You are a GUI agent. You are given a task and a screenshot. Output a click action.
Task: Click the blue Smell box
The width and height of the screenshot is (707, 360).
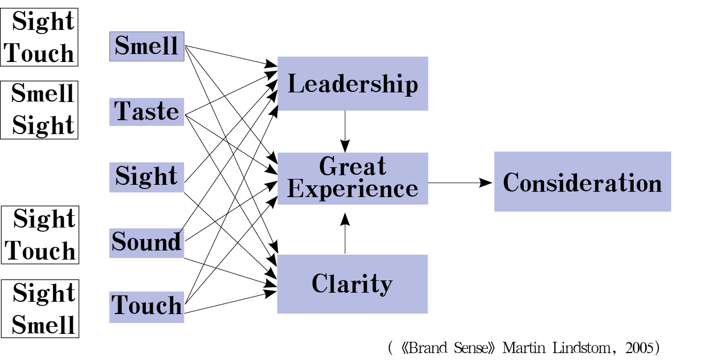(146, 46)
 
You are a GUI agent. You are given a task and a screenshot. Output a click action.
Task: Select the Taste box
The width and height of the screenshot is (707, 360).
(146, 112)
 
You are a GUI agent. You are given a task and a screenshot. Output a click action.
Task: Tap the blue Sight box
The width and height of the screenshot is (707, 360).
(146, 177)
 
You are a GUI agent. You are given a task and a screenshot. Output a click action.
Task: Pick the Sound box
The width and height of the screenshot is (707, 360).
(146, 242)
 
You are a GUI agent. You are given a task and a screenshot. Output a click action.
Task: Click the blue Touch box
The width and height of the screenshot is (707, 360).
(146, 307)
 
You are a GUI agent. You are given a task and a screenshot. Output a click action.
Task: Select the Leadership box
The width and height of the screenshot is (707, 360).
(352, 84)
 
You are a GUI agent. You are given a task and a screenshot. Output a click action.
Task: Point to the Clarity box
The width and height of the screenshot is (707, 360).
(352, 284)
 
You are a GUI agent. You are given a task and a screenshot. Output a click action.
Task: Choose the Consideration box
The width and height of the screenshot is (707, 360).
(582, 182)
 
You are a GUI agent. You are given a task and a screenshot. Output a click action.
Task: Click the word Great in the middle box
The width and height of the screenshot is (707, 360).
(352, 167)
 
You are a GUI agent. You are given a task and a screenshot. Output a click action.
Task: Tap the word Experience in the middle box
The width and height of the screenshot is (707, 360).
(352, 189)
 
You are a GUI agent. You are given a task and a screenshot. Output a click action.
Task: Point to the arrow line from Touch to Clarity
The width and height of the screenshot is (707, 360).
(230, 302)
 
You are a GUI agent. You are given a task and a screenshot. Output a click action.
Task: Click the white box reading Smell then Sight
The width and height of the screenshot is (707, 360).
(40, 110)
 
